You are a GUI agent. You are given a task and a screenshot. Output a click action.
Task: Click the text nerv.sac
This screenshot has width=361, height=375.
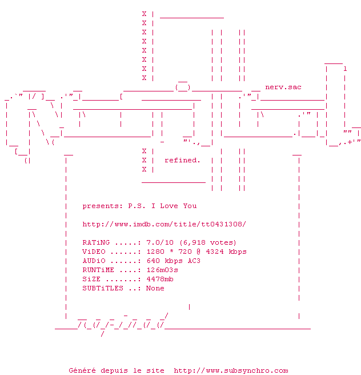(x=283, y=87)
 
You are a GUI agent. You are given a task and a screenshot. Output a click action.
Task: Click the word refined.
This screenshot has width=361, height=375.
(x=182, y=160)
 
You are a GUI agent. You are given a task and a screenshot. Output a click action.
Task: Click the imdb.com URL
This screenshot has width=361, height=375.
(x=165, y=224)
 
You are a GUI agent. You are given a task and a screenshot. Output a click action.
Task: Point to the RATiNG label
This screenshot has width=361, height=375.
(x=98, y=242)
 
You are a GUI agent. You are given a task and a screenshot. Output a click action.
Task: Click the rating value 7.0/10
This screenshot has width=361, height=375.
(x=160, y=242)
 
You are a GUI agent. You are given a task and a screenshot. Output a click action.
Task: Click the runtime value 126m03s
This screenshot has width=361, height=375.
(x=162, y=270)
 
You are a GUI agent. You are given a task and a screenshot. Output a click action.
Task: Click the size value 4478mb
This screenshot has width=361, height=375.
(x=160, y=279)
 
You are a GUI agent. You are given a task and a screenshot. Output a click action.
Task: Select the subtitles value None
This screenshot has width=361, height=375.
(x=155, y=288)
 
